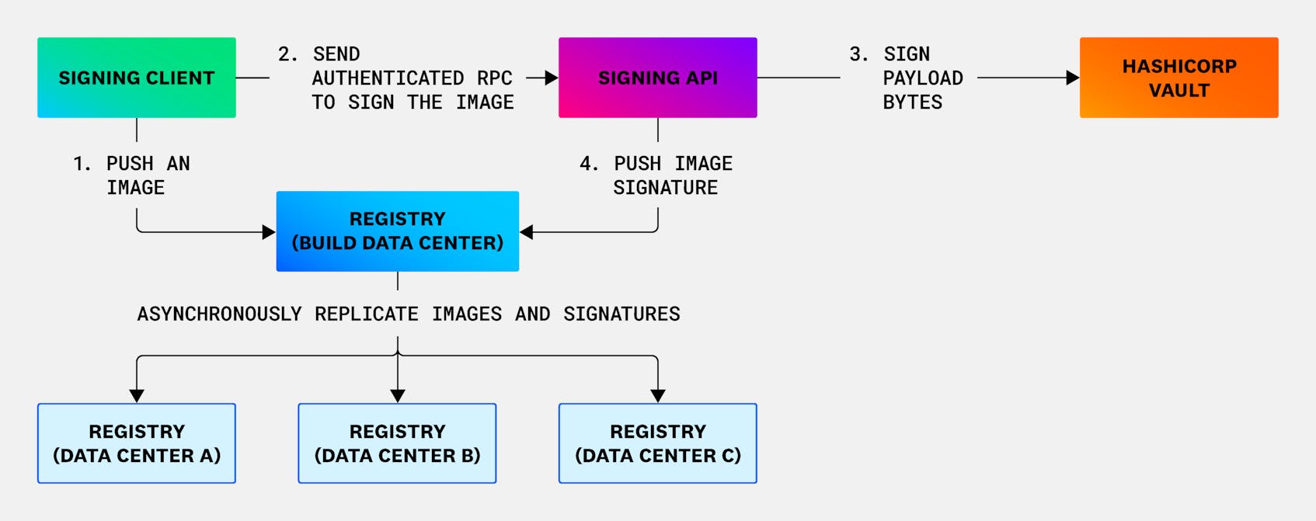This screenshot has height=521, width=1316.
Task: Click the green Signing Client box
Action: coord(137,78)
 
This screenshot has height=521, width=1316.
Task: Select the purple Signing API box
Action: coord(657,78)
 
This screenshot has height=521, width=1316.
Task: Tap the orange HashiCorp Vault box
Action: coord(1178,78)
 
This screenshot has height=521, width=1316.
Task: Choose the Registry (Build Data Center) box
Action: coord(397,231)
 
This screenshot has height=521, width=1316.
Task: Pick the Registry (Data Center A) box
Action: coord(137,443)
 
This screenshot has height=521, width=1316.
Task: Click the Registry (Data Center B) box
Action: coord(397,443)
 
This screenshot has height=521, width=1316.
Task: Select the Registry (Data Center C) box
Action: coord(657,443)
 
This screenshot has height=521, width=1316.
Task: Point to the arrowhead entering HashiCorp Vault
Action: coord(1073,78)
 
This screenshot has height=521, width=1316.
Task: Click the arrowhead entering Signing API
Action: coord(552,78)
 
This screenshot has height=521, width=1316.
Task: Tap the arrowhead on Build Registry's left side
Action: coord(269,232)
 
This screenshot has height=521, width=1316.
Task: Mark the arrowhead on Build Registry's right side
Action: coord(527,232)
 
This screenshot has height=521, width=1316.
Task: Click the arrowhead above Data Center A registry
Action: coord(137,396)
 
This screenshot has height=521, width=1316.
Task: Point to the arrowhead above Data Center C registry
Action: coord(658,396)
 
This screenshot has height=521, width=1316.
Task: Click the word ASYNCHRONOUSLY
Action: coord(219,314)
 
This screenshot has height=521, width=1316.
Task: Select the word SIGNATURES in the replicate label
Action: coord(621,314)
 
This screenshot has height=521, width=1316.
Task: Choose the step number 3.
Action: coord(858,54)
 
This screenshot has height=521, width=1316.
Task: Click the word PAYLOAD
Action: coord(923,78)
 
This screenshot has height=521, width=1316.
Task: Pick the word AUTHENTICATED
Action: coord(387,78)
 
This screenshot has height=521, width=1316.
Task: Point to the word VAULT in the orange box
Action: coord(1178,90)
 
